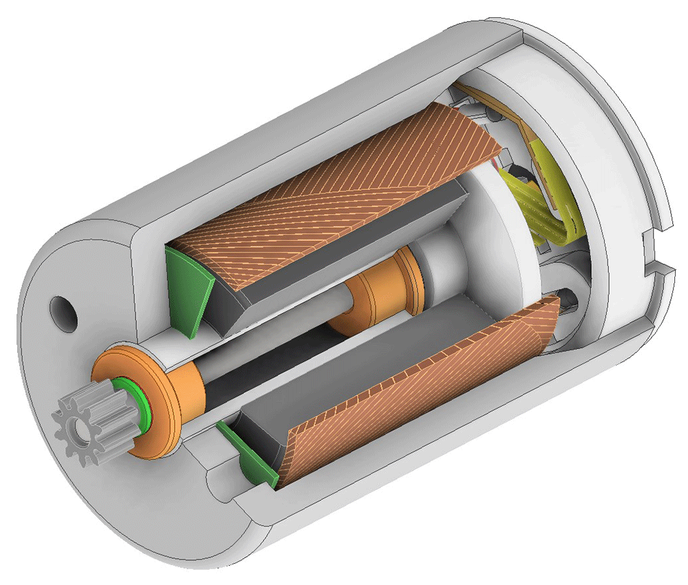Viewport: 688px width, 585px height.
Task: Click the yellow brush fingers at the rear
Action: pyautogui.click(x=544, y=206)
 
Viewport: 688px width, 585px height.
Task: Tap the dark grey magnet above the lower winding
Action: pyautogui.click(x=344, y=358)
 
